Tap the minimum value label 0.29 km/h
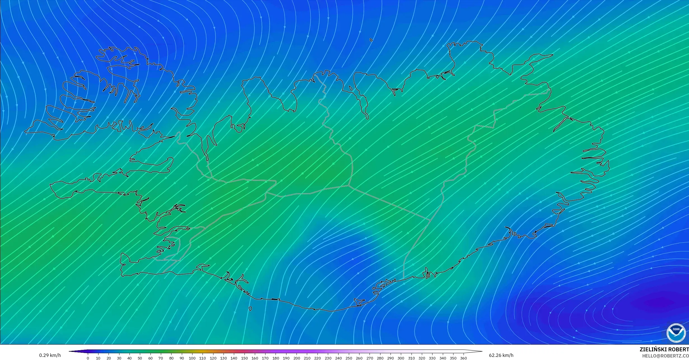point(50,355)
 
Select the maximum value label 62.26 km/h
point(501,355)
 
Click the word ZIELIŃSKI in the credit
point(654,349)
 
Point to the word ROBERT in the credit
point(679,349)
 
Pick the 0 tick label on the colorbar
point(88,358)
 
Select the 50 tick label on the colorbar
point(140,358)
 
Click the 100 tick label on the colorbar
point(192,358)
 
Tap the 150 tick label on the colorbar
point(244,358)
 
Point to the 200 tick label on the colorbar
point(296,358)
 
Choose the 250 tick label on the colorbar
point(349,358)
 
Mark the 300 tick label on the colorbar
point(401,358)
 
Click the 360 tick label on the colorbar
point(463,358)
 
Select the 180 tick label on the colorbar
point(276,358)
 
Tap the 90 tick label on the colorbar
point(182,358)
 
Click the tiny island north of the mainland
point(371,40)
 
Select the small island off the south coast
point(250,309)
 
